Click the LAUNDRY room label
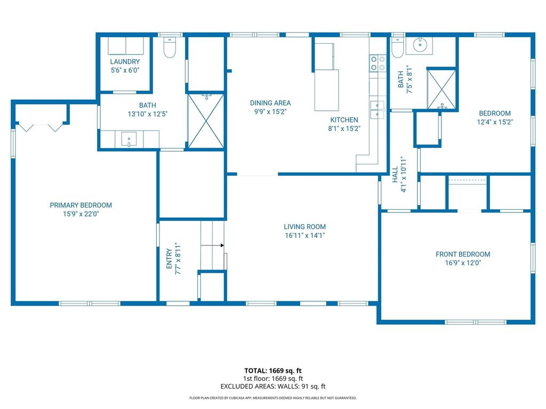click(x=125, y=62)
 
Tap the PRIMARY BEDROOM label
click(x=81, y=205)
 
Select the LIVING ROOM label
click(x=304, y=227)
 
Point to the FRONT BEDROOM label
click(x=463, y=254)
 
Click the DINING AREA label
click(x=270, y=103)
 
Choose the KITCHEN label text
click(x=344, y=120)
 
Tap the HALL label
click(x=395, y=175)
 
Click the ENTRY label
click(x=169, y=258)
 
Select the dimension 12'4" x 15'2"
click(x=495, y=122)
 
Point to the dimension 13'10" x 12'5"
click(x=148, y=114)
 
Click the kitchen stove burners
click(x=378, y=63)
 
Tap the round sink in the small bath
click(x=420, y=45)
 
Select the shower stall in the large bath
click(x=206, y=121)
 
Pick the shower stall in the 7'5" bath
click(x=441, y=89)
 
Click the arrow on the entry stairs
click(x=212, y=246)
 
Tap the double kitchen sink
click(x=378, y=110)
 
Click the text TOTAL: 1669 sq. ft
click(x=273, y=371)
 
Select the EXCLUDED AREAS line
click(x=273, y=387)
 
